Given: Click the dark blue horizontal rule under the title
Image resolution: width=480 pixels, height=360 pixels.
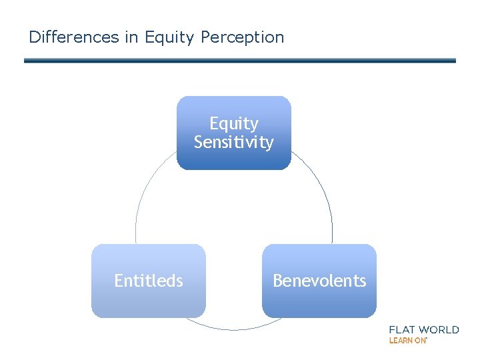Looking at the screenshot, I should [240, 60].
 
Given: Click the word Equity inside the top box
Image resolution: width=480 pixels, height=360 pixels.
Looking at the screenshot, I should [233, 123].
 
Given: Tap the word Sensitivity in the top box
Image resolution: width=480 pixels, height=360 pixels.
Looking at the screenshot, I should [233, 142].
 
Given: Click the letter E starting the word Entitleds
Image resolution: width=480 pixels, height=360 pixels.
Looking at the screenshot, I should [119, 281].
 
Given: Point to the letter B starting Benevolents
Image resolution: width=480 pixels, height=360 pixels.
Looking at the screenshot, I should [277, 281].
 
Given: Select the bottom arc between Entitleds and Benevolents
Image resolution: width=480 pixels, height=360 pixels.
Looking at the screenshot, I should [233, 329].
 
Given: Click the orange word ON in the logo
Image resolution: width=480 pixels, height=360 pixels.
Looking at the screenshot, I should [420, 340].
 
